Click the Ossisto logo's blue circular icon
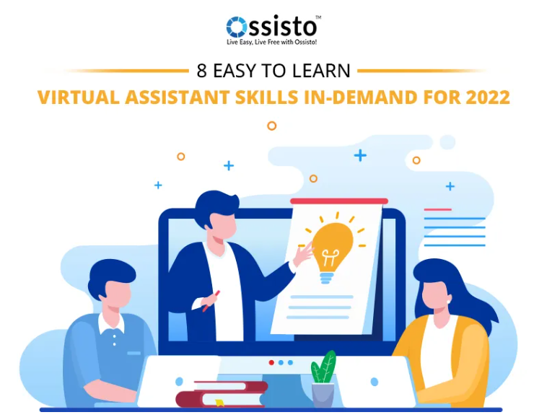coord(237,27)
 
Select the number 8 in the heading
coord(202,71)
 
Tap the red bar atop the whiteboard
coord(339,201)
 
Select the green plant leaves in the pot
coord(324,368)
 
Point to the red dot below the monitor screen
coord(271,362)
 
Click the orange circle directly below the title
coord(272,126)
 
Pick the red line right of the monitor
coord(437,209)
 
